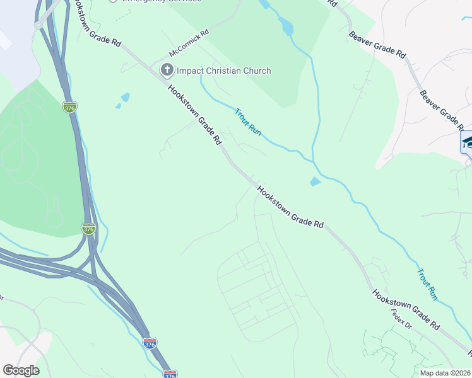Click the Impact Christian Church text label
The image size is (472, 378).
223,71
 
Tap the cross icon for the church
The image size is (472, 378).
167,70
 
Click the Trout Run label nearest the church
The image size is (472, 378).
248,122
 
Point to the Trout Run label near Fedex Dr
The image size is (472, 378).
427,283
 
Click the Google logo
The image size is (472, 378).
21,370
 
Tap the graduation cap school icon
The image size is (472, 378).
468,142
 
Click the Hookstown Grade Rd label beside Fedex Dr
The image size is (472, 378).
406,310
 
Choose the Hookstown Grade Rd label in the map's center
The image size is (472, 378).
290,206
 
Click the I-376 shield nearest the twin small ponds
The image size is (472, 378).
70,107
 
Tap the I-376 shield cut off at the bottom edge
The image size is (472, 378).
170,374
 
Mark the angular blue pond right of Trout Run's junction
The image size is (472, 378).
316,182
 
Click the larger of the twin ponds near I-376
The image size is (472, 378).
126,97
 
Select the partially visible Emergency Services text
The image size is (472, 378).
161,2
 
